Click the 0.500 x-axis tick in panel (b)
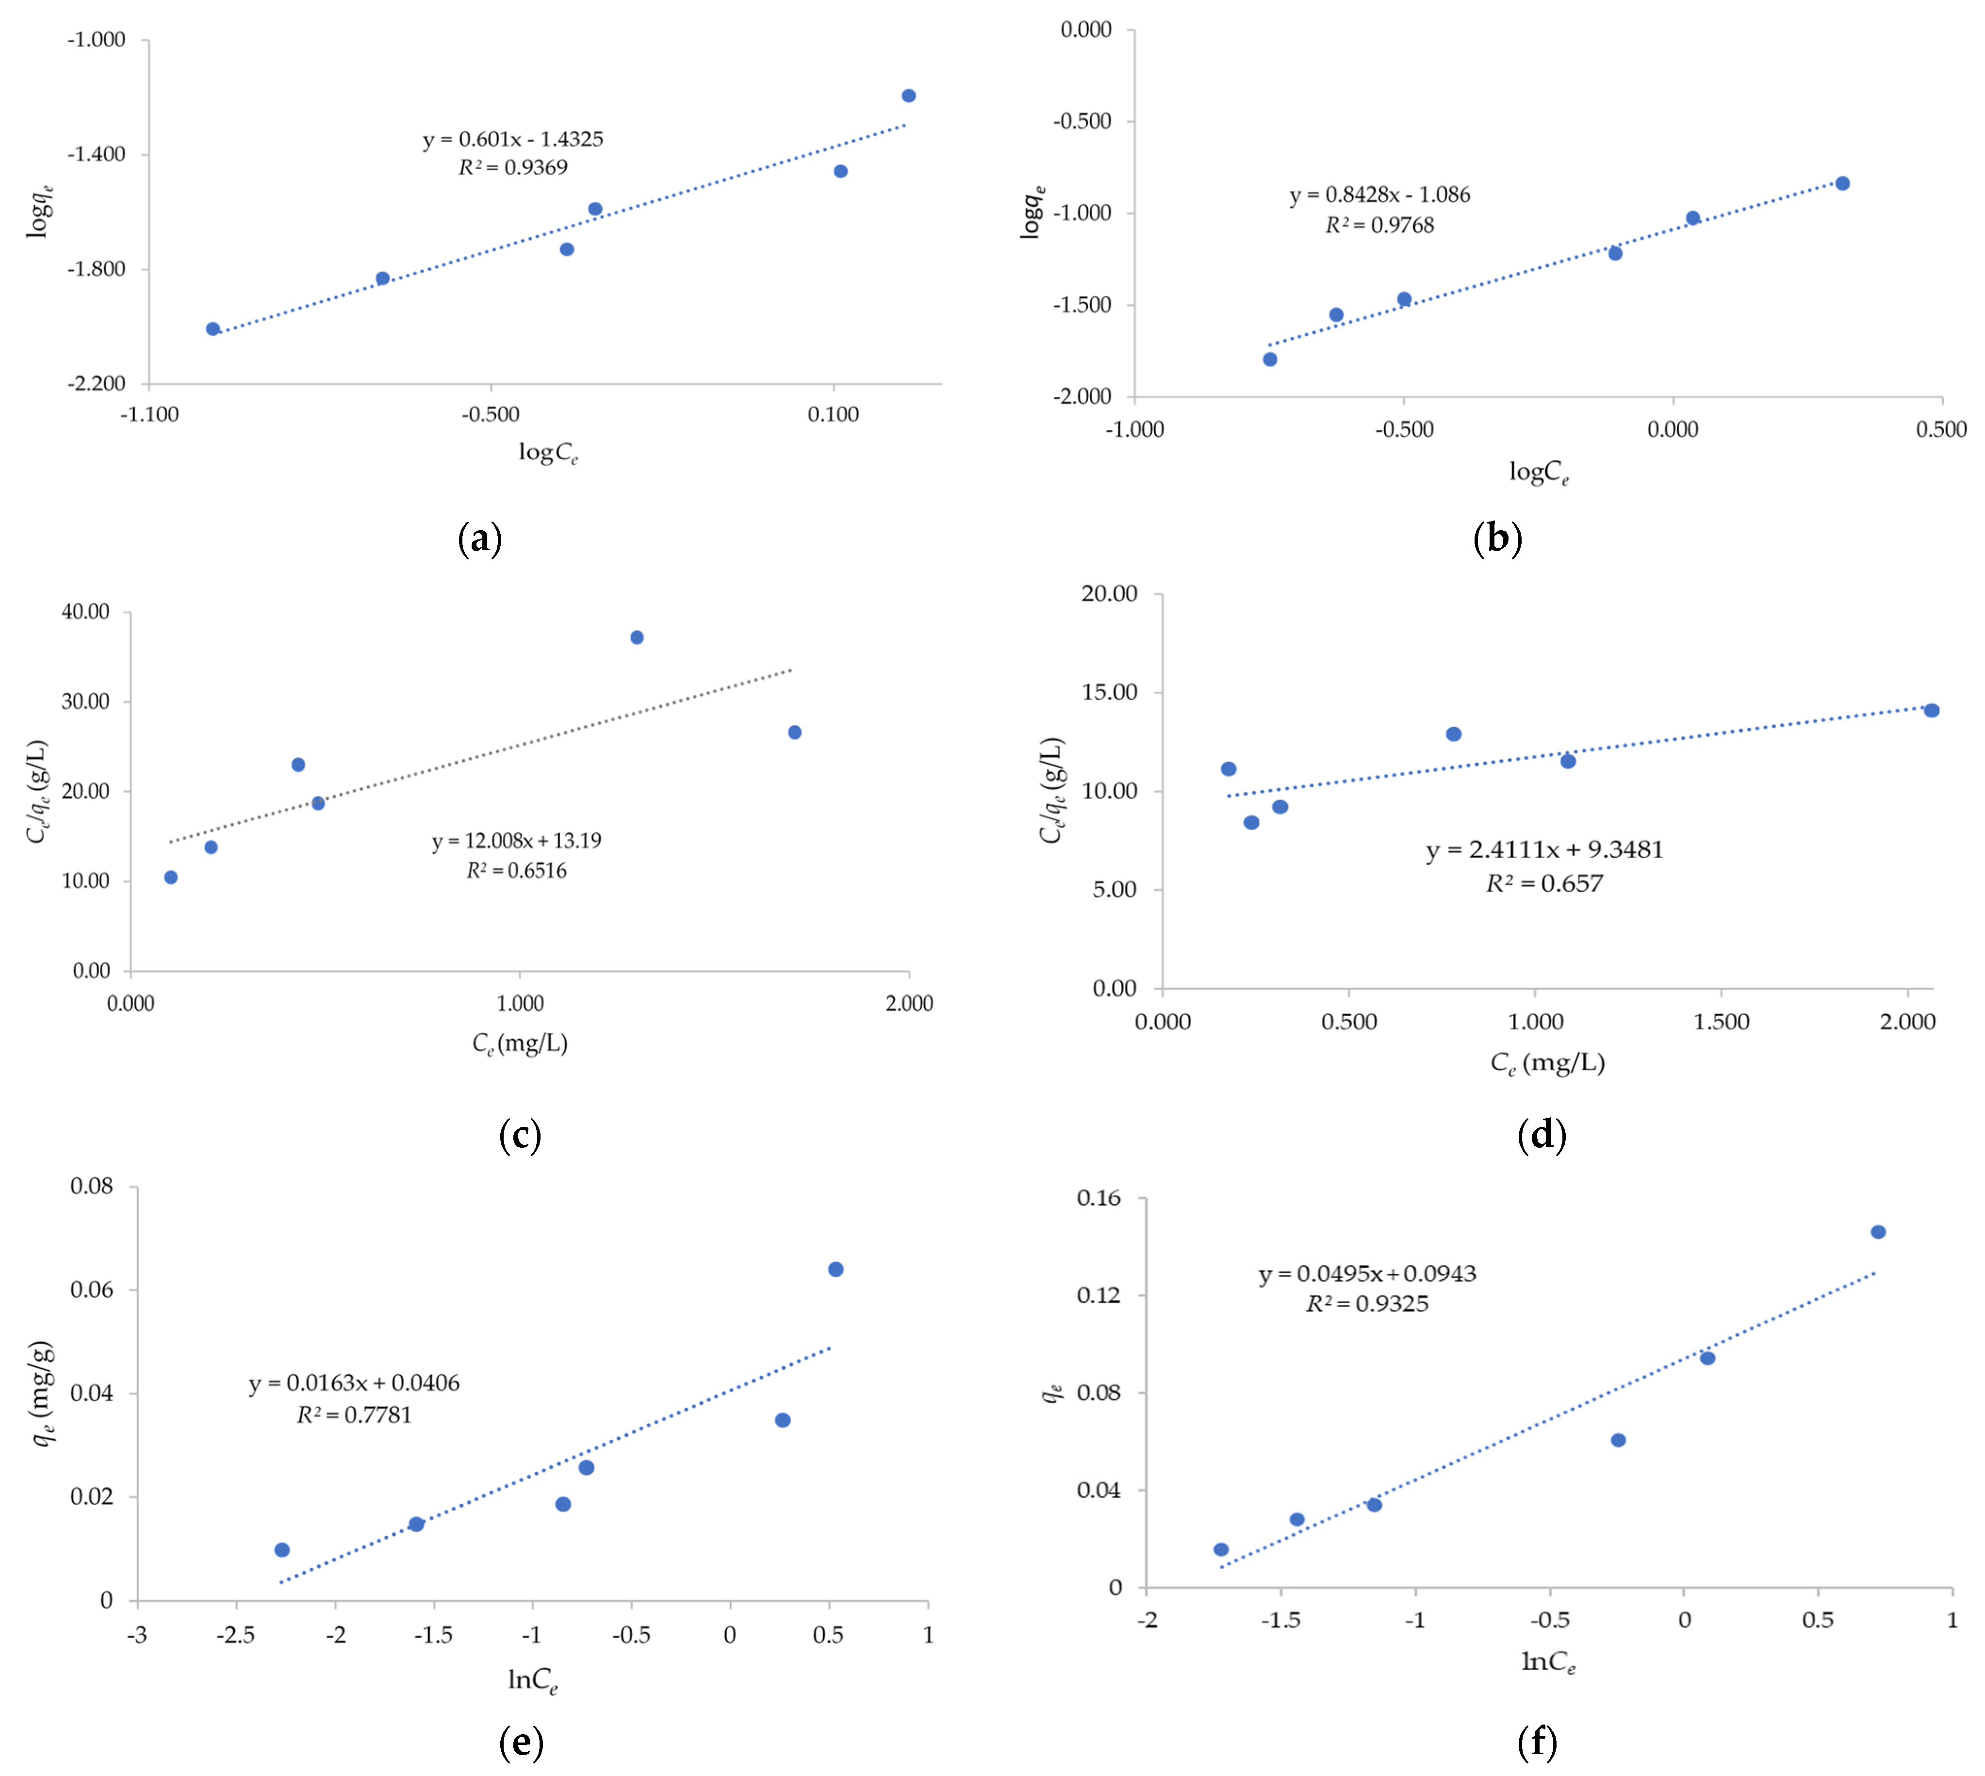(1940, 429)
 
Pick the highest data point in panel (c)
(636, 637)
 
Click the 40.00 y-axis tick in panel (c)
(86, 612)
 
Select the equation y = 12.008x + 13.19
(516, 840)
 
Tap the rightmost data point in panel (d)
(1930, 710)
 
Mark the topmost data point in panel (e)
(836, 1270)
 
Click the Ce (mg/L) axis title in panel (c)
(519, 1043)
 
